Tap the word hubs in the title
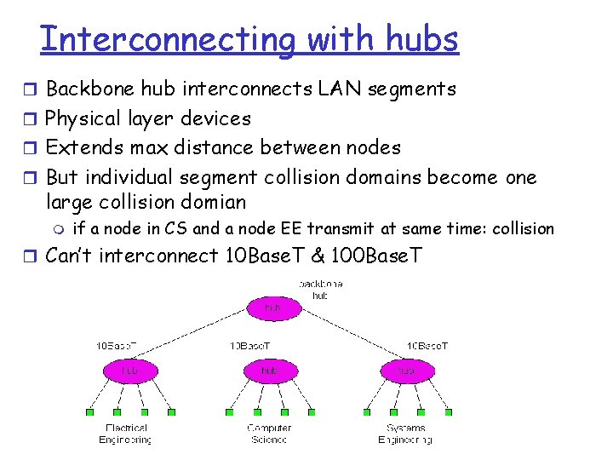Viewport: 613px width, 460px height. [x=422, y=39]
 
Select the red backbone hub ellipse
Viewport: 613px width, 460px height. [x=272, y=307]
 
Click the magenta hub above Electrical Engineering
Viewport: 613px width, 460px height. [x=129, y=371]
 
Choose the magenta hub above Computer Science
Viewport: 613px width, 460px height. [x=270, y=371]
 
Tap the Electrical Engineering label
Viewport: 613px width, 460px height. [x=127, y=434]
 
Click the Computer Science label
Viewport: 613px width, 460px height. [x=269, y=434]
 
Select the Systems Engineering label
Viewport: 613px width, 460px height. [x=405, y=434]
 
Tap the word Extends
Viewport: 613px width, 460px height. [x=75, y=147]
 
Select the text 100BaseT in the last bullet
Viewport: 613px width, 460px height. [x=378, y=255]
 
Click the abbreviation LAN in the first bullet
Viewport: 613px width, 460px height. [x=342, y=89]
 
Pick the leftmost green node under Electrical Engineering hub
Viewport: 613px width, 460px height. [x=90, y=412]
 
